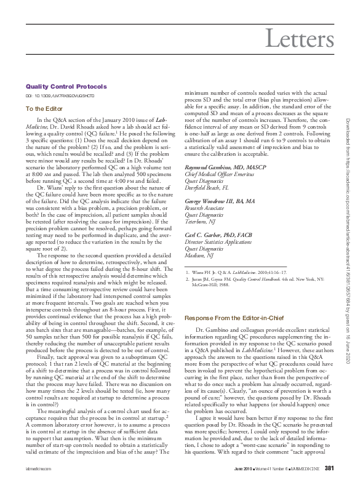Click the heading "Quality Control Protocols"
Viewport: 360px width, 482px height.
point(66,87)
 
